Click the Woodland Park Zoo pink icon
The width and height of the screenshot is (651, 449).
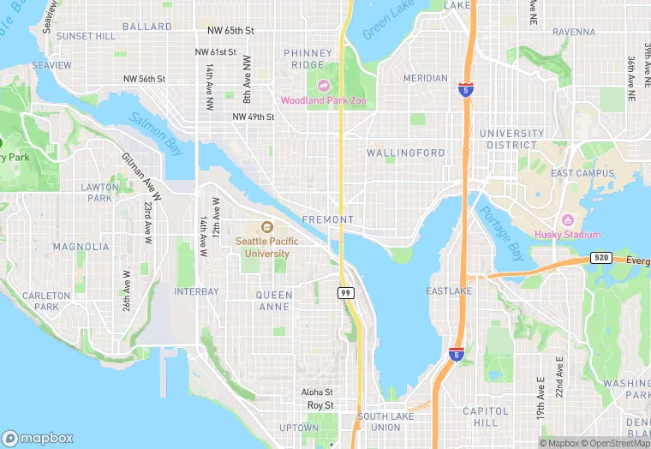point(324,85)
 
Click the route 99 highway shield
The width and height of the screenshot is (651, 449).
point(345,292)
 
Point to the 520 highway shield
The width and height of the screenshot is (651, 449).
point(600,258)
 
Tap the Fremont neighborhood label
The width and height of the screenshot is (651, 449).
point(328,219)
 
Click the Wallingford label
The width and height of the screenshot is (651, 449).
point(406,153)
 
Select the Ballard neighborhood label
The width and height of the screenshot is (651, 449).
point(147,27)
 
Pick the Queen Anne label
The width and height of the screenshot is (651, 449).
point(274,302)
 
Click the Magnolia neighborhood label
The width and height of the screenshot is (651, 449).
point(81,247)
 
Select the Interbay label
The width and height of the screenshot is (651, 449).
point(197,291)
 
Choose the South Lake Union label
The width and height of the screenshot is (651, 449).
point(379,422)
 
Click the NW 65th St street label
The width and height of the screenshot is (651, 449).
point(231,30)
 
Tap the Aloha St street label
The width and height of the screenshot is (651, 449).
point(316,391)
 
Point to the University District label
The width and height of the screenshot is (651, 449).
point(511,139)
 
